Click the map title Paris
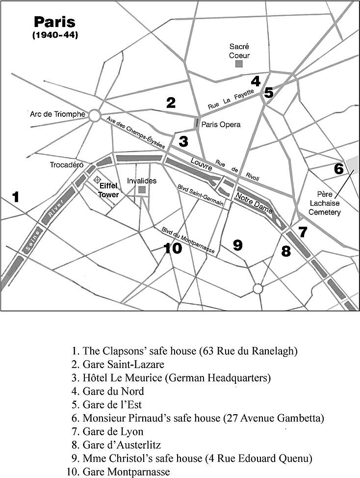pyautogui.click(x=55, y=22)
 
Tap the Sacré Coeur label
pyautogui.click(x=239, y=51)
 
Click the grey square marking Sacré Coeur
pyautogui.click(x=239, y=64)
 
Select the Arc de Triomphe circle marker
pyautogui.click(x=94, y=115)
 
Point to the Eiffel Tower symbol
pyautogui.click(x=97, y=180)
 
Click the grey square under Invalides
pyautogui.click(x=142, y=189)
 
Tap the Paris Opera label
pyautogui.click(x=221, y=125)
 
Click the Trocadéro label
pyautogui.click(x=66, y=165)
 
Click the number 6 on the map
pyautogui.click(x=338, y=168)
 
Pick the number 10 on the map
pyautogui.click(x=173, y=248)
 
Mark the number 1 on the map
pyautogui.click(x=16, y=197)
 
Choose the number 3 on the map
pyautogui.click(x=183, y=141)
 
